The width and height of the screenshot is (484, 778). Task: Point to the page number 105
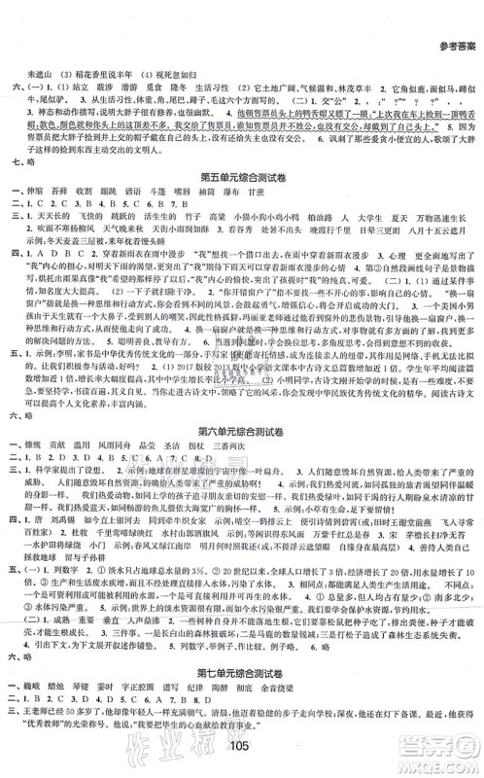[x=242, y=758]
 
